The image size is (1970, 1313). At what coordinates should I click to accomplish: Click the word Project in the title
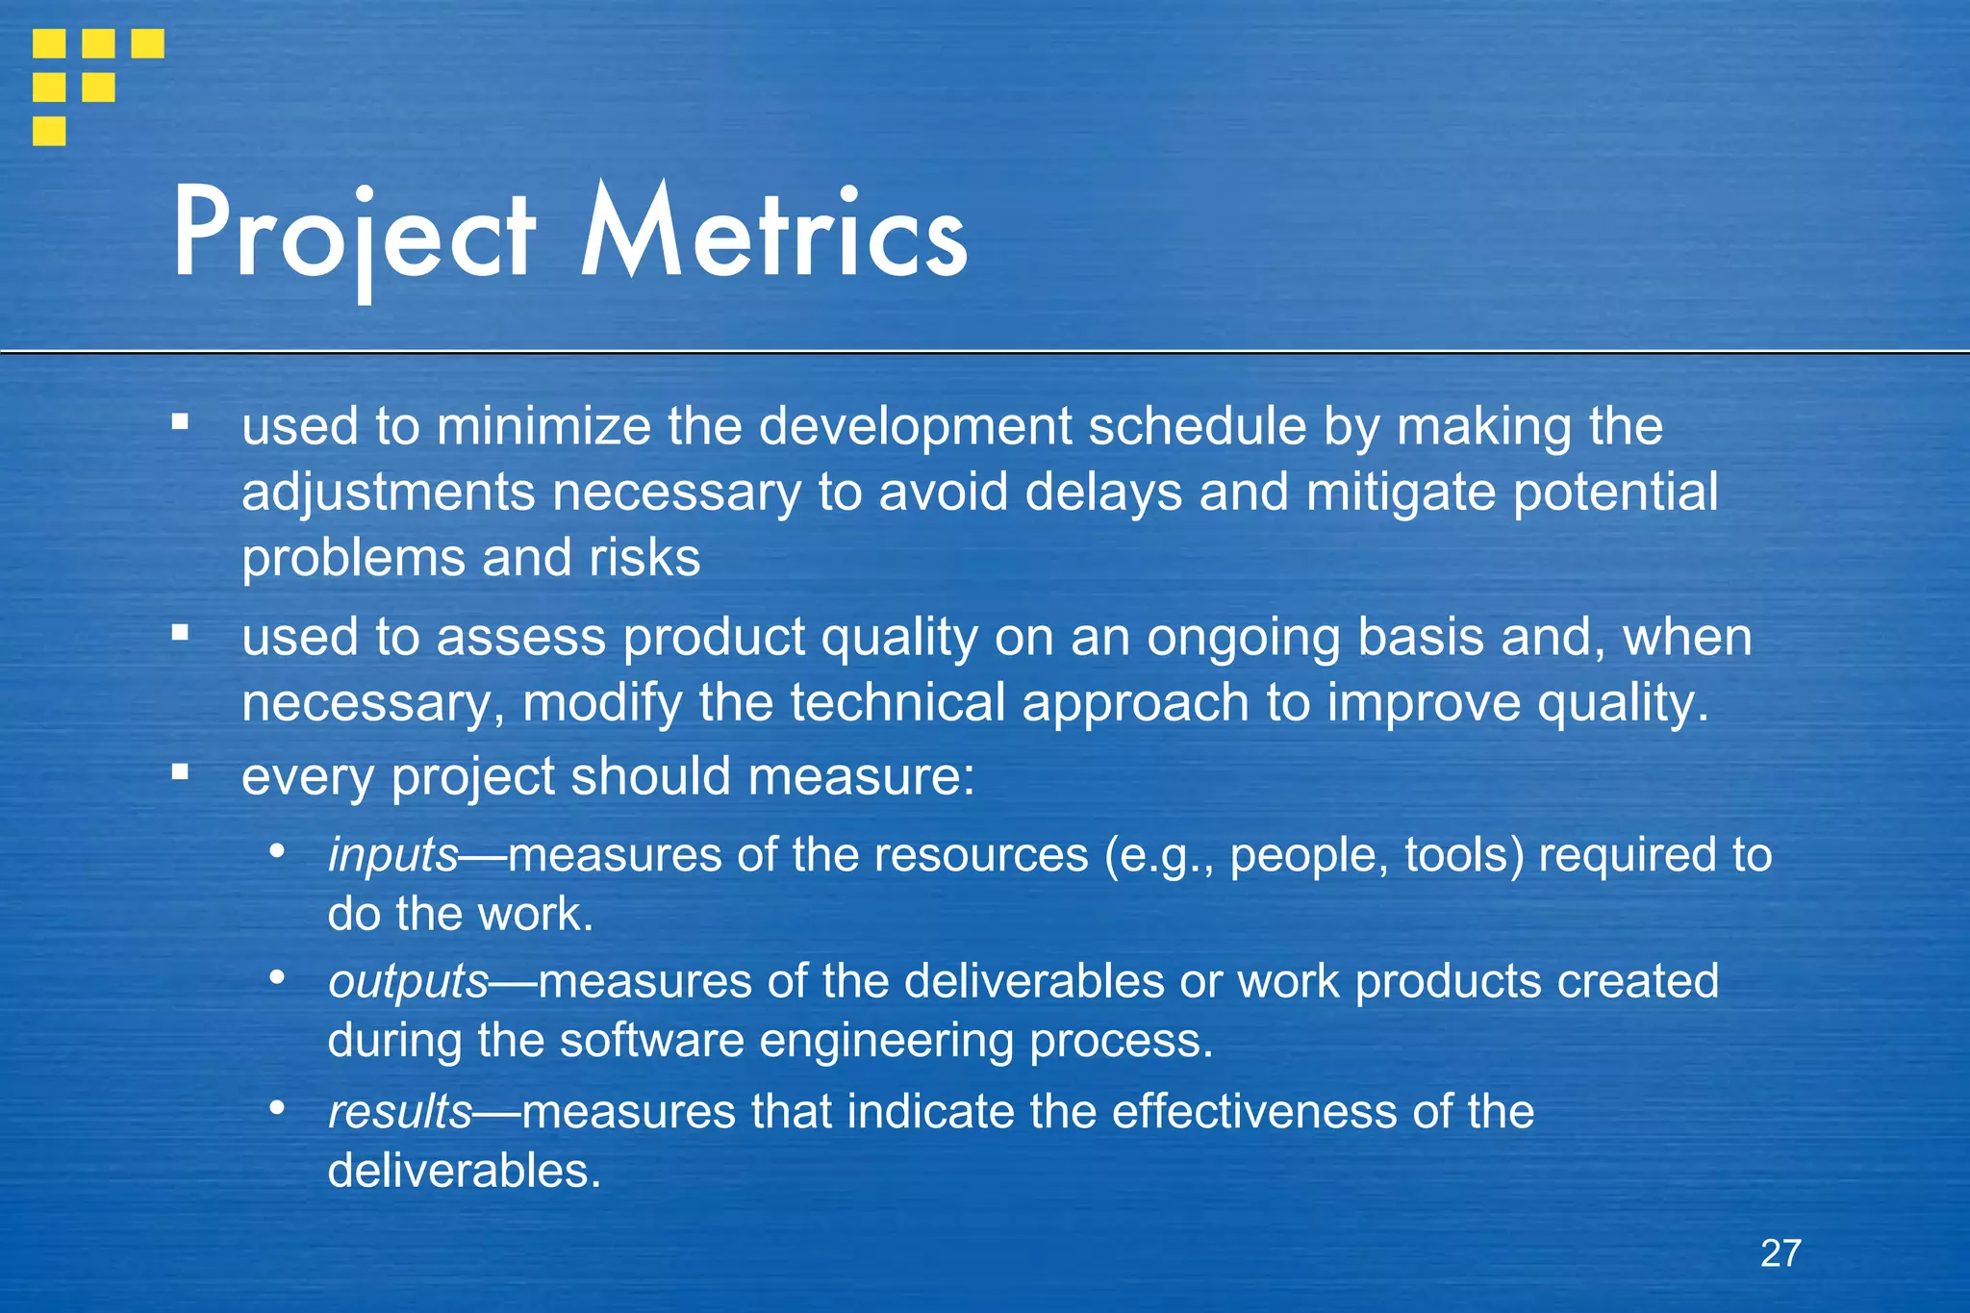click(353, 236)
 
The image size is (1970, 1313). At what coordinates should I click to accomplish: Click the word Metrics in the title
click(773, 236)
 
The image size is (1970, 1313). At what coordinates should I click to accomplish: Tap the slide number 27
click(1781, 1253)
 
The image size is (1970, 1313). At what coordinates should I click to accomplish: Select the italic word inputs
click(392, 855)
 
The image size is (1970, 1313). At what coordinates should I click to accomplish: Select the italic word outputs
click(408, 982)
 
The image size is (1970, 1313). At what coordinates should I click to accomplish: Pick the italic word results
click(399, 1112)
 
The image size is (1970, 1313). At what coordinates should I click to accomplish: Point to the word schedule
click(1197, 426)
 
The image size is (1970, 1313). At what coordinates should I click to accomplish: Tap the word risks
click(644, 558)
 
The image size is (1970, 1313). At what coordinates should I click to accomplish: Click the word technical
click(897, 703)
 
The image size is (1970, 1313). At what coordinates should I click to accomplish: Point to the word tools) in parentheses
click(1464, 855)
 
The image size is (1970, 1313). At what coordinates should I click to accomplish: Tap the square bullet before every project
click(180, 771)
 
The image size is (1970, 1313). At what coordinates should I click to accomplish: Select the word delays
click(1102, 492)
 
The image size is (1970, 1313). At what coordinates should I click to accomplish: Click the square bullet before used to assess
click(180, 633)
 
